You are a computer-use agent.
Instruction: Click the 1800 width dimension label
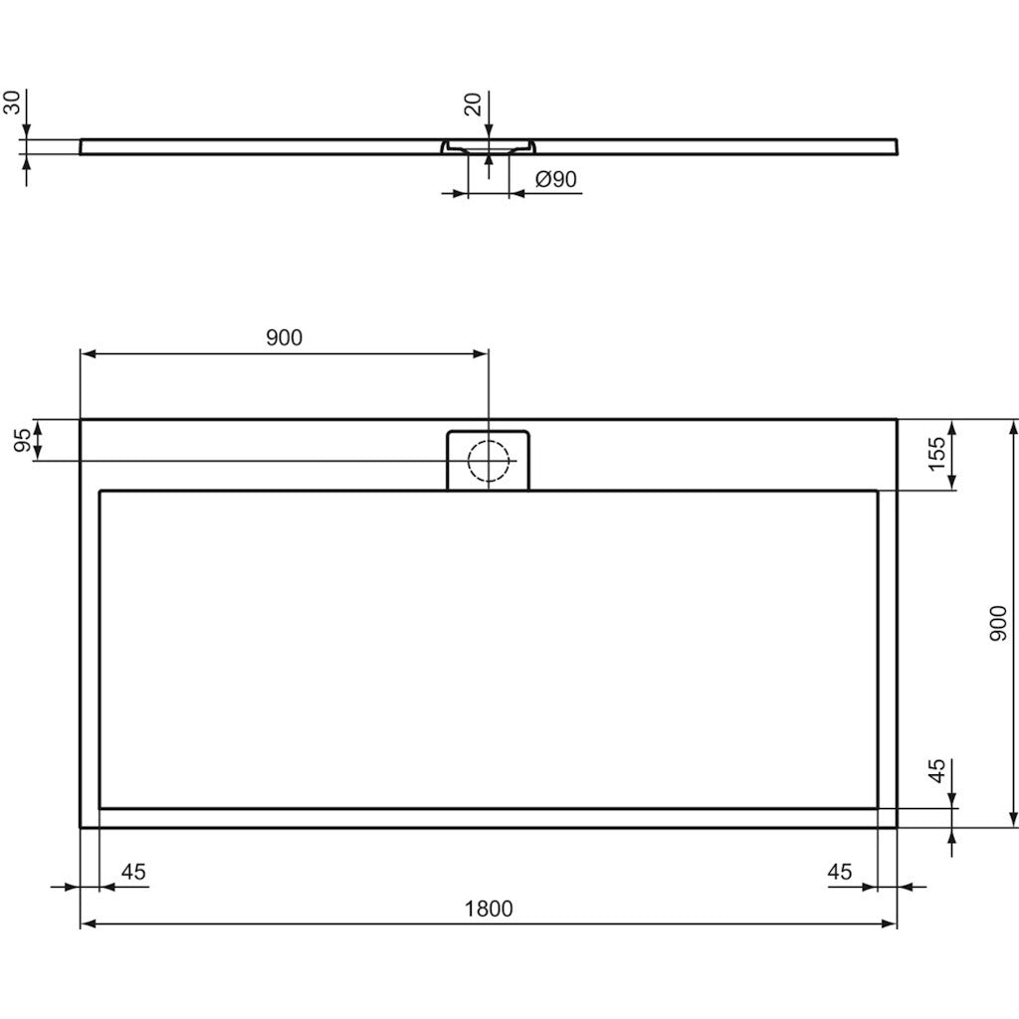[488, 908]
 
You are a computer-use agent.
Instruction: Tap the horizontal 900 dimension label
[284, 337]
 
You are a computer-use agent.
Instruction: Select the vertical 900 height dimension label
[997, 623]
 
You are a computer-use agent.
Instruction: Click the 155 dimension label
[936, 454]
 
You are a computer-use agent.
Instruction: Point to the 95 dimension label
[22, 441]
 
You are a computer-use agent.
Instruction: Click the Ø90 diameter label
[555, 179]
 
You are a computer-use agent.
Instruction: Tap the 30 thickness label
[12, 102]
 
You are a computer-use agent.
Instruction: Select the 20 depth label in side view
[473, 103]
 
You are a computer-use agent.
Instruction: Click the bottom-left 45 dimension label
[133, 872]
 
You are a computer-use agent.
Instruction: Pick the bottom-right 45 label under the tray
[839, 872]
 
